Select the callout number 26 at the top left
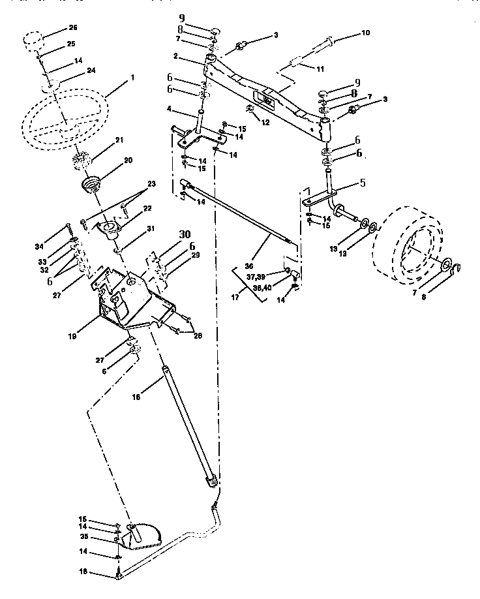pyautogui.click(x=72, y=28)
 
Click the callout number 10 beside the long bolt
pyautogui.click(x=365, y=33)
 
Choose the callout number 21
pyautogui.click(x=119, y=140)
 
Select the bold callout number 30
pyautogui.click(x=185, y=234)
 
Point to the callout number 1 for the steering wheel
pyautogui.click(x=133, y=77)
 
